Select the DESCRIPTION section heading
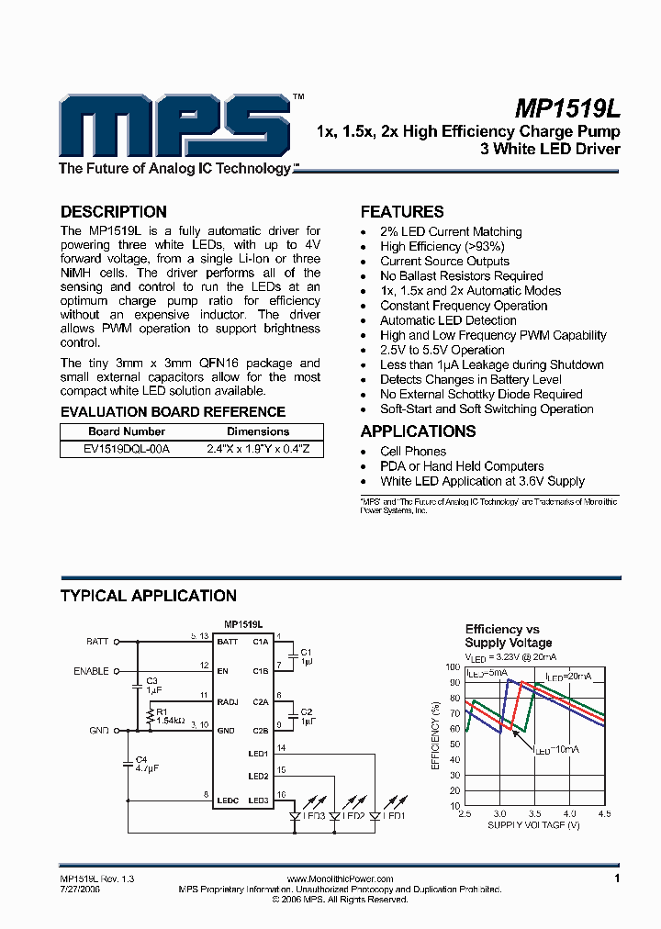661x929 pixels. point(113,211)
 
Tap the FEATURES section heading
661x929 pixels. point(402,211)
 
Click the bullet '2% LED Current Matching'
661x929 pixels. point(451,232)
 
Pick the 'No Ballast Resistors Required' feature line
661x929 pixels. point(461,276)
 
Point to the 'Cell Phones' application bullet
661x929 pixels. point(412,452)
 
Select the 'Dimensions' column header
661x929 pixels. point(258,431)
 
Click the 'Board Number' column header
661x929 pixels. point(127,431)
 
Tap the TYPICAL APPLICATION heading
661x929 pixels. point(148,596)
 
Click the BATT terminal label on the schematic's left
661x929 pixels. point(97,641)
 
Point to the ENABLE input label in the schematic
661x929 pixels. point(91,671)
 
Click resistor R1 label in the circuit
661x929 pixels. point(162,711)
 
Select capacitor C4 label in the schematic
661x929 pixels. point(141,759)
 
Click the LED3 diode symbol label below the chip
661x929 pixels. point(314,815)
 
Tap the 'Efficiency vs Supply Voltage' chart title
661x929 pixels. point(508,636)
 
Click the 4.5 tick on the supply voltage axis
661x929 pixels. point(603,813)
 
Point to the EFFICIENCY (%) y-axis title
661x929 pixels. point(436,734)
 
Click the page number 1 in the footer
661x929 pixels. point(617,879)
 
